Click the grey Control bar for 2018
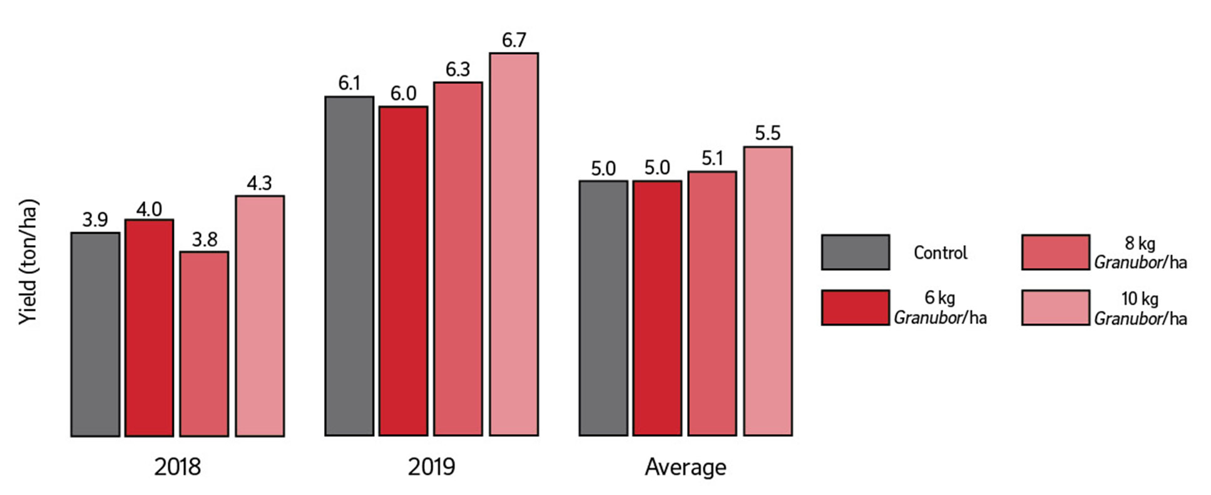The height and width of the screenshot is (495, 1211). point(95,334)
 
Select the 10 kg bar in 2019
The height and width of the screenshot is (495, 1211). point(514,244)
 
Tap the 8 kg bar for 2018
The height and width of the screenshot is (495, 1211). point(204,343)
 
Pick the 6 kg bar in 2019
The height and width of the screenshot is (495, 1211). point(403,271)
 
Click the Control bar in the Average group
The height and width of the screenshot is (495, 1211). point(603,308)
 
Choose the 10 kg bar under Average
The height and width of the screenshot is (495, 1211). point(768,291)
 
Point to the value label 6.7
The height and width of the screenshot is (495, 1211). point(514,41)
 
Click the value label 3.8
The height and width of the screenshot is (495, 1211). point(205,239)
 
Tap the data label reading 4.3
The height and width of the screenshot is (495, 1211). point(259,183)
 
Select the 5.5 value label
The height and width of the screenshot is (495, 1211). point(768,133)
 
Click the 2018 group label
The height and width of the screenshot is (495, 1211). point(178,467)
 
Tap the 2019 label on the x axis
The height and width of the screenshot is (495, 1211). point(431,467)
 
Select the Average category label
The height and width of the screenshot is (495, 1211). point(685,467)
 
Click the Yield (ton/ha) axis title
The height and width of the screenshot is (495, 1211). point(28,261)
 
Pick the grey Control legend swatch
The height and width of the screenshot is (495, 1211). point(855,253)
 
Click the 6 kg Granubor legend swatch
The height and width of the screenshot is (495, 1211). point(855,308)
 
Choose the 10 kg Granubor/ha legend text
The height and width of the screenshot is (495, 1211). point(1140,308)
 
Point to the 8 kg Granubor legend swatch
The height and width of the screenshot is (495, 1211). point(1055,253)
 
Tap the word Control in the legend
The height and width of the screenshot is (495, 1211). point(940,253)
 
